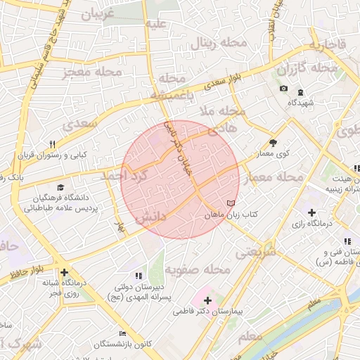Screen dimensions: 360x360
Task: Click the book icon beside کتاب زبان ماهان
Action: pyautogui.click(x=231, y=203)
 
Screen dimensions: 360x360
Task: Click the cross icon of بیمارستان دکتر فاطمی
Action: pyautogui.click(x=208, y=300)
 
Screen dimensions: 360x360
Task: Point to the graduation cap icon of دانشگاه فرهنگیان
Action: pyautogui.click(x=60, y=188)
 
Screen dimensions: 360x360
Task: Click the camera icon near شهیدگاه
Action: pyautogui.click(x=283, y=89)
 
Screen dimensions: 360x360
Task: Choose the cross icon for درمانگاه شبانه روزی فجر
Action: pyautogui.click(x=64, y=273)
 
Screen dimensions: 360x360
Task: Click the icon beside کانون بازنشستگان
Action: pyautogui.click(x=124, y=333)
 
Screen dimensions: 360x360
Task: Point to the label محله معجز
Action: pyautogui.click(x=91, y=72)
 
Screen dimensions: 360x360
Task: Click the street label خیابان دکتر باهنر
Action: pyautogui.click(x=178, y=148)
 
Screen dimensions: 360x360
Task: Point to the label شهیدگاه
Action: pyautogui.click(x=300, y=103)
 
